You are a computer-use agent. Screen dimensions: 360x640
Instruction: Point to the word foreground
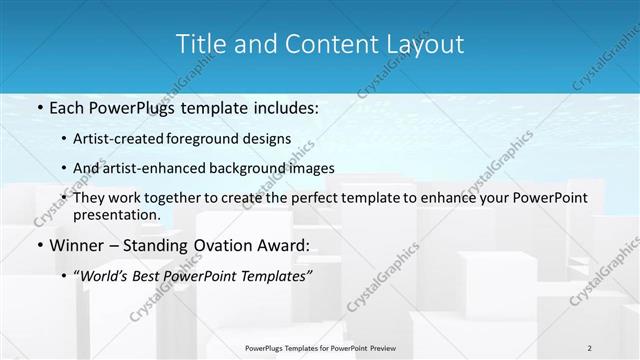(x=227, y=138)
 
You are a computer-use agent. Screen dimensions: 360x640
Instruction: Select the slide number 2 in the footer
(x=589, y=347)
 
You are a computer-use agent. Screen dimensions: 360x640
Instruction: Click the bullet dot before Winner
(x=39, y=246)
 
